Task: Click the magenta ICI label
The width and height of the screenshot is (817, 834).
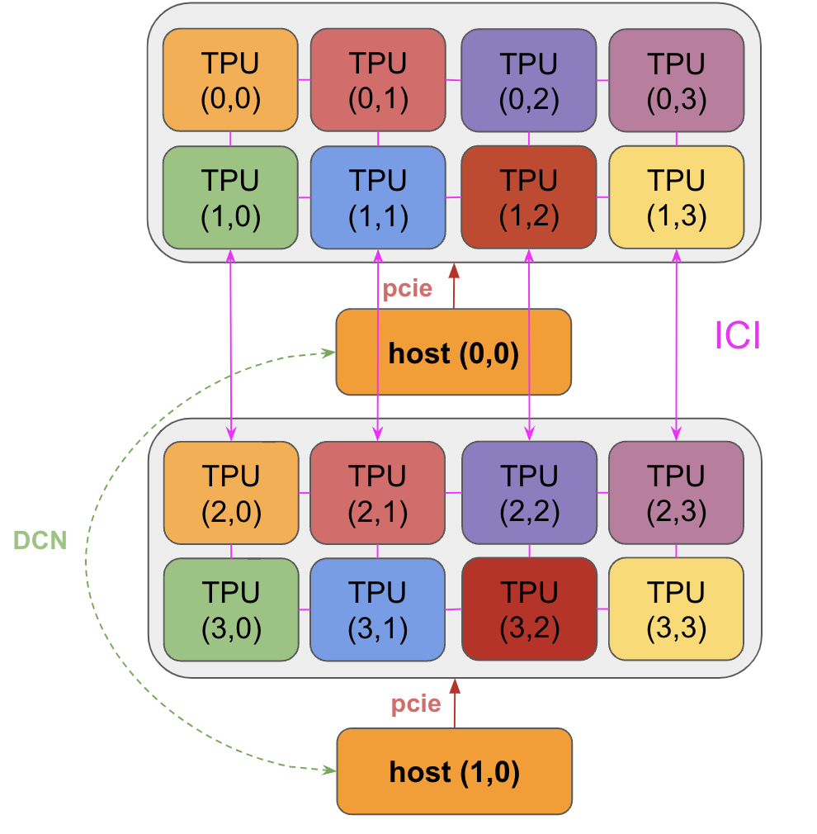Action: (x=737, y=336)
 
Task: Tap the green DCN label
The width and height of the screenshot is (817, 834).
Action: (x=40, y=540)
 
